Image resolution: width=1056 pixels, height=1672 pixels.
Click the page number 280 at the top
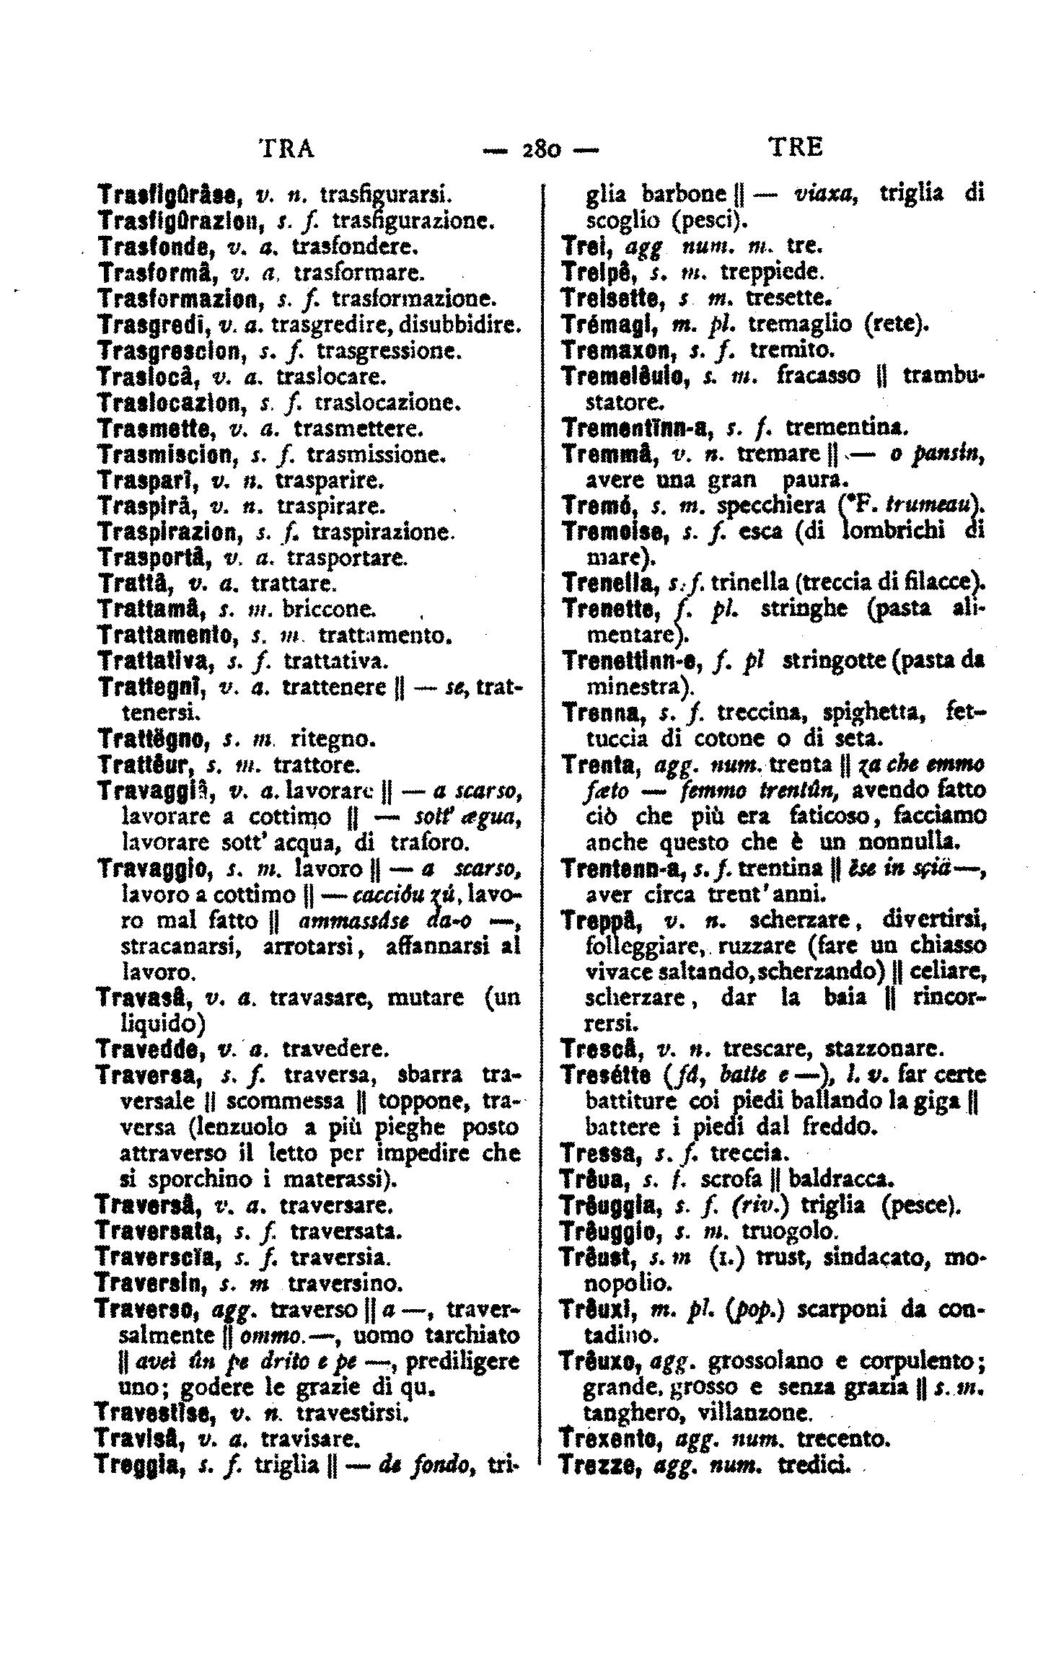[540, 149]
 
